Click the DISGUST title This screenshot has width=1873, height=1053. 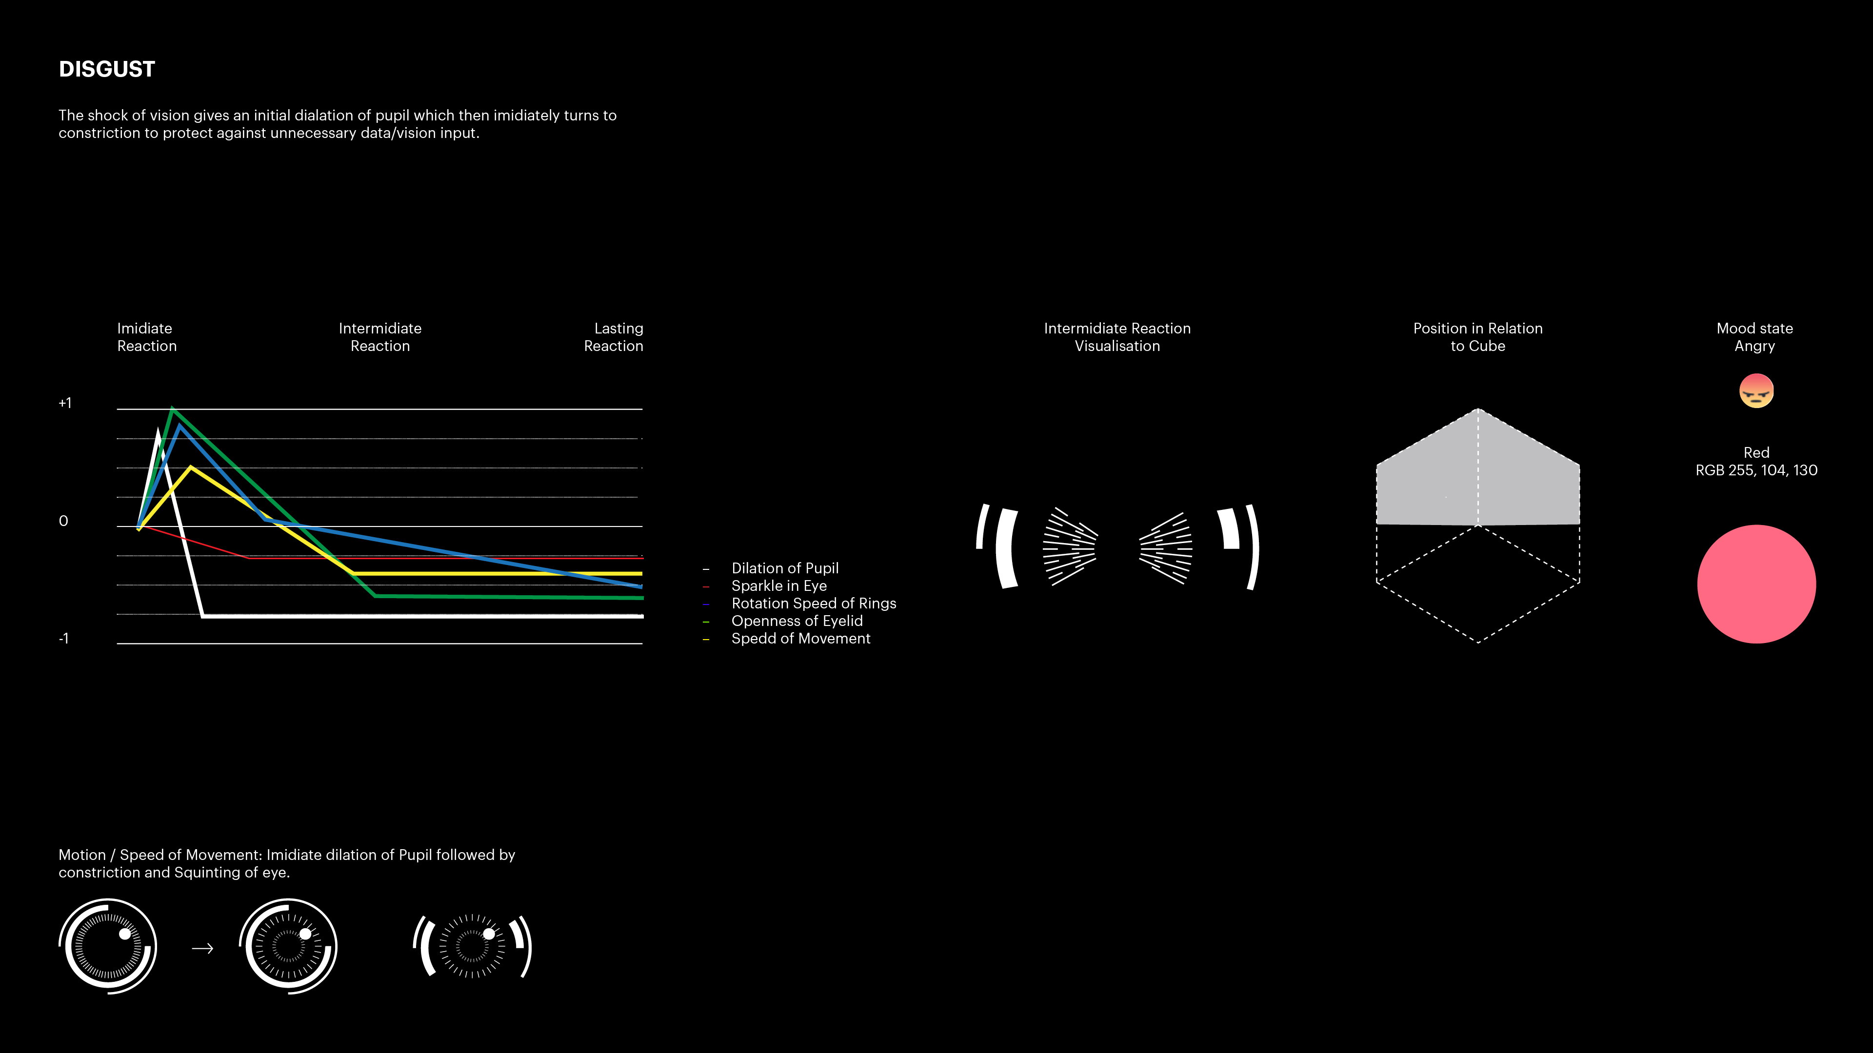point(107,69)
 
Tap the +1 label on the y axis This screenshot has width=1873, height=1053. point(65,403)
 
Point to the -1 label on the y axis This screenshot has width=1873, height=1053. point(63,639)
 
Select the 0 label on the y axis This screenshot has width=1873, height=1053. point(63,521)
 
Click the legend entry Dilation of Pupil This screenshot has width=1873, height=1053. point(784,568)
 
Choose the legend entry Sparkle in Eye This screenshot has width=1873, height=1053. point(779,585)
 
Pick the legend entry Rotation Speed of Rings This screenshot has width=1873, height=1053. point(814,603)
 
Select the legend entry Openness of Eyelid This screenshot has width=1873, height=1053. point(797,621)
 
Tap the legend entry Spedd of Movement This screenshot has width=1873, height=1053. point(800,638)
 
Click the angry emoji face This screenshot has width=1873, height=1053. point(1756,391)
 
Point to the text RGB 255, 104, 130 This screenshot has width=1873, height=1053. point(1756,470)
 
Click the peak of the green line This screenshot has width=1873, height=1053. point(172,409)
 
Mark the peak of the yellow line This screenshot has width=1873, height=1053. point(191,468)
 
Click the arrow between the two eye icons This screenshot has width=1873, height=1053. point(202,948)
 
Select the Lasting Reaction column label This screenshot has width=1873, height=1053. point(614,337)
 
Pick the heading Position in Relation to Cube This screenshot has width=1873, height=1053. point(1477,337)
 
